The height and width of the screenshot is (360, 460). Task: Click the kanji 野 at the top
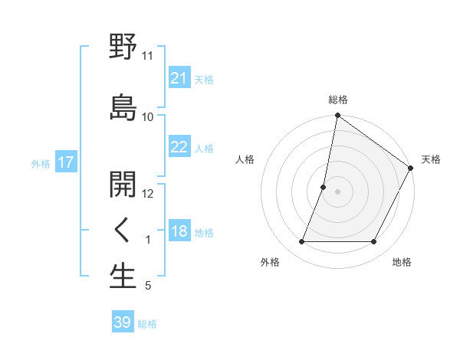pos(123,47)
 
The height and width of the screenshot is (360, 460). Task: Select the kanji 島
pos(123,107)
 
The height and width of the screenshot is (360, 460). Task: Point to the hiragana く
pos(123,230)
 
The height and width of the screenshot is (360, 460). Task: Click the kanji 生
pos(123,277)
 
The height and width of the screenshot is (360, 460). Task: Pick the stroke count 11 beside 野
pos(148,56)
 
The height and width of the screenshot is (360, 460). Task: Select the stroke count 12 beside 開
pos(148,193)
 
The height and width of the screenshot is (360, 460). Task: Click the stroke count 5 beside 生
pos(148,286)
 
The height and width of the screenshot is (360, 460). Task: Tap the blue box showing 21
pos(179,78)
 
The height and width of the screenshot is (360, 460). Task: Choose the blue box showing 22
pos(179,147)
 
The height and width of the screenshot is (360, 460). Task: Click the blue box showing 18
pos(179,231)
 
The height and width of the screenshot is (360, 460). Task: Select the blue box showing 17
pos(65,162)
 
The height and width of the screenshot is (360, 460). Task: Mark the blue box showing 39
pos(122,322)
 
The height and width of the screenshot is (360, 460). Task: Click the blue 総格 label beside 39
pos(147,324)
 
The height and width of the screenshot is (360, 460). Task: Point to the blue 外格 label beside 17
pos(41,163)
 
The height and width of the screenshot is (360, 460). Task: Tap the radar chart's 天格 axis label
pos(431,159)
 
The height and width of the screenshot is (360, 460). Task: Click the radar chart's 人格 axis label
pos(245,159)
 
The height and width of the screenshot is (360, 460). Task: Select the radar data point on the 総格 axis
pos(337,116)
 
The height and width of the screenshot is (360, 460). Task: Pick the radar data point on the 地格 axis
pos(374,242)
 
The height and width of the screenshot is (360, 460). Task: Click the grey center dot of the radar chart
pos(337,191)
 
